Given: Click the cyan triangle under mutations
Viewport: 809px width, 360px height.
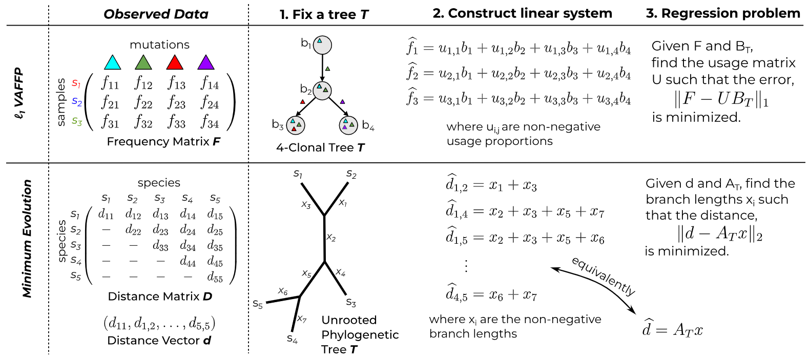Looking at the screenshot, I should (112, 63).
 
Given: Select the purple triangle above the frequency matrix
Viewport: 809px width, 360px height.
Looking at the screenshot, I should (205, 63).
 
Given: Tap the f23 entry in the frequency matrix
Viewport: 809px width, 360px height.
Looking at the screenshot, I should (176, 103).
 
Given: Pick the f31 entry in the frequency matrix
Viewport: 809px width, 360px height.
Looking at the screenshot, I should (110, 122).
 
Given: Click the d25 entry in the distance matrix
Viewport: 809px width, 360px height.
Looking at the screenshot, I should (215, 230).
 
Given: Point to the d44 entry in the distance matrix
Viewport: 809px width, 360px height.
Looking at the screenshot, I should (188, 262).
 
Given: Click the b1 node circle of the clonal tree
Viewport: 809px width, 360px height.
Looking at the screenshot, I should (322, 45).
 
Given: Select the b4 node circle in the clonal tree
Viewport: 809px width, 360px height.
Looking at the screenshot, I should (348, 125).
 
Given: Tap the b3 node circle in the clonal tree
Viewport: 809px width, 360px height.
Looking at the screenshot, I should (295, 125).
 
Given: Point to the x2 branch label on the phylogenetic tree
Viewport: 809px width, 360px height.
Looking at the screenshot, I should (331, 238).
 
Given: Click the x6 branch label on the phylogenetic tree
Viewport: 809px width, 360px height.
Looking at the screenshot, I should (283, 291).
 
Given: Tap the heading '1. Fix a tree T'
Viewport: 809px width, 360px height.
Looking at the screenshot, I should (324, 14).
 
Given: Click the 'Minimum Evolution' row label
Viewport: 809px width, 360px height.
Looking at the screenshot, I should (27, 238).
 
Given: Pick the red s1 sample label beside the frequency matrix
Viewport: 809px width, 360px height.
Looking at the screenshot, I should (76, 82).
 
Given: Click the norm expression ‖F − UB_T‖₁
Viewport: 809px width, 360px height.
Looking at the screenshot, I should (722, 99).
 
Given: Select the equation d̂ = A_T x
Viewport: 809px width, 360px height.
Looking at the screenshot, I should (672, 329).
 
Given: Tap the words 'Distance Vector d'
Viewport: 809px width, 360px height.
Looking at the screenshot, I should (159, 340).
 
